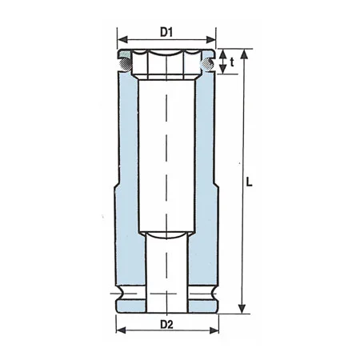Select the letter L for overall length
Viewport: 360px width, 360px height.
coord(250,182)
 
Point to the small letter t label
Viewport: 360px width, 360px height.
coord(231,62)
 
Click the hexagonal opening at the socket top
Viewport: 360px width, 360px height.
coord(167,64)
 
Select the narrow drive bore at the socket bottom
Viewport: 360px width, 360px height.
coord(167,272)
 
